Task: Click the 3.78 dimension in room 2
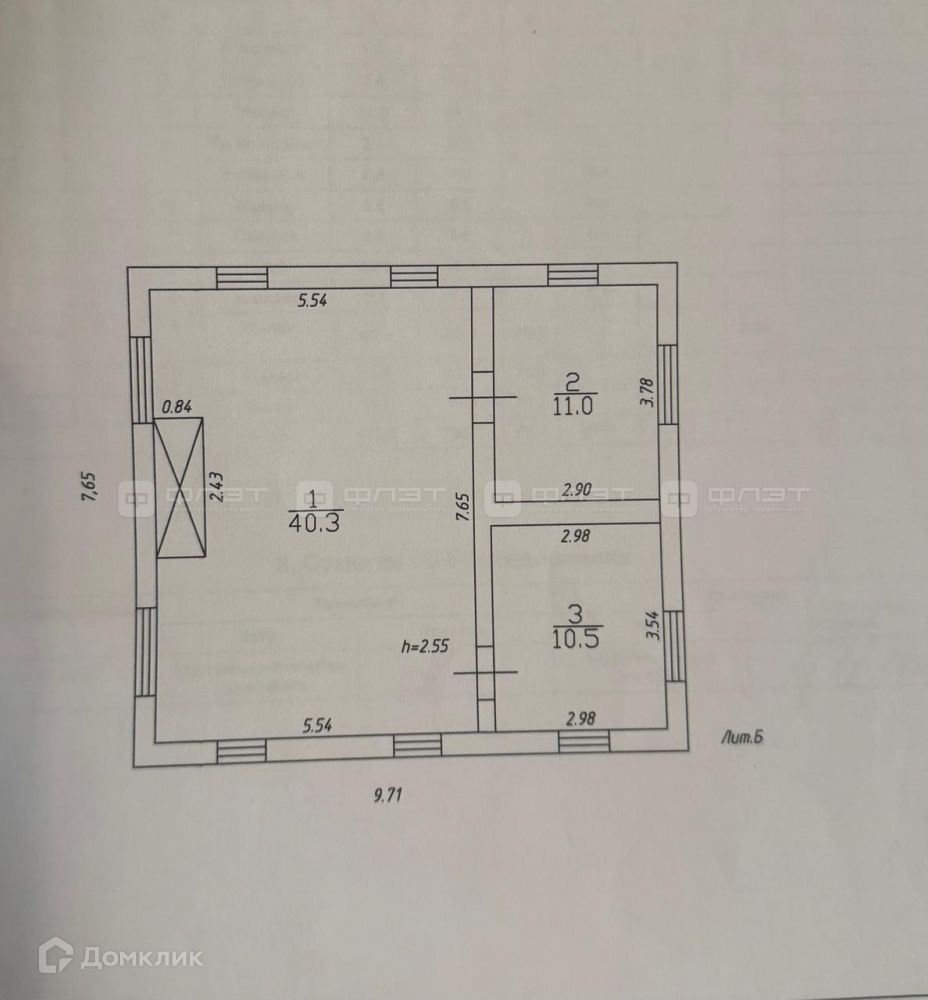coord(647,390)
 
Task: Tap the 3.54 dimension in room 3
coord(651,625)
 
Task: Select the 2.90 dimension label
coord(578,489)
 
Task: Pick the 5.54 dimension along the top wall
coord(313,299)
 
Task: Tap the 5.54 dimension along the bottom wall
coord(318,727)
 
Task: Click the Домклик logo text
coord(140,957)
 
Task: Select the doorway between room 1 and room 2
coord(482,397)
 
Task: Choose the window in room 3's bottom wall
coord(583,741)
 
